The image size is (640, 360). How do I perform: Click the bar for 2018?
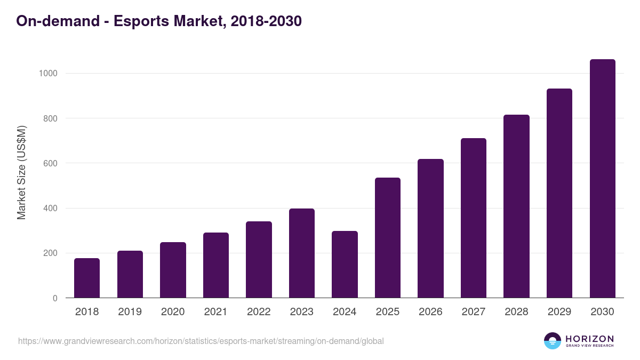click(87, 278)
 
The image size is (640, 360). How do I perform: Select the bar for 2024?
click(345, 265)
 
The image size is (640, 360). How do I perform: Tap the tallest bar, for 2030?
click(602, 179)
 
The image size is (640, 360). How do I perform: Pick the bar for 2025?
click(388, 238)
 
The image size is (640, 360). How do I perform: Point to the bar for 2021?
click(216, 265)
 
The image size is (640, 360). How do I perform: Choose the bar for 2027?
click(474, 218)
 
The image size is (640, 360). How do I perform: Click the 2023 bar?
click(302, 253)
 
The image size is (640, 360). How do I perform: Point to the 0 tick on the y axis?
click(55, 298)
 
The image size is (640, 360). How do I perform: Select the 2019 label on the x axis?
click(130, 312)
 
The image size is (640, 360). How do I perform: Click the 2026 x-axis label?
click(430, 312)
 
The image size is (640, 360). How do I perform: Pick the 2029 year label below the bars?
click(559, 312)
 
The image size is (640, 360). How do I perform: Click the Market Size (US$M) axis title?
click(21, 172)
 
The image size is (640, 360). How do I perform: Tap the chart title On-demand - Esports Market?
click(159, 21)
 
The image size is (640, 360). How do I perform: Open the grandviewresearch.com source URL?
click(201, 341)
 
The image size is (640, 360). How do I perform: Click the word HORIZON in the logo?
click(589, 339)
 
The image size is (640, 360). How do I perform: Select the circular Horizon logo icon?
click(553, 341)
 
